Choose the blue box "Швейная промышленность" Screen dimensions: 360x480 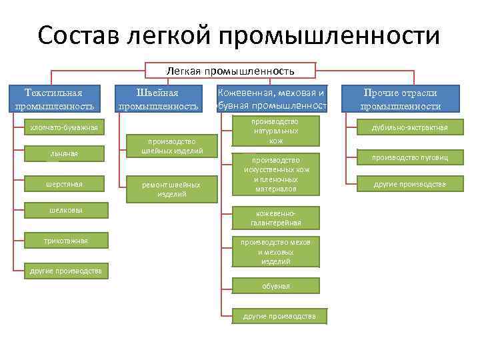(x=158, y=99)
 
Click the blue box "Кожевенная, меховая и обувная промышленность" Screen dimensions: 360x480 (x=271, y=99)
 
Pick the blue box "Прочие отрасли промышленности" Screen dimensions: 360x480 (x=400, y=99)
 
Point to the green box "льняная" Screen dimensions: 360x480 (x=63, y=154)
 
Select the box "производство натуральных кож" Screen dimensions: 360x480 (x=275, y=131)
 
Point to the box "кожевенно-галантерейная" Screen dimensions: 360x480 (x=275, y=217)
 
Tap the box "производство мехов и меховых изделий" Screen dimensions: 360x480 (x=275, y=251)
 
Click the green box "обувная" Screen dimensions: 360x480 (x=275, y=286)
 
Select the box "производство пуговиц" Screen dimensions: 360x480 (x=409, y=157)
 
